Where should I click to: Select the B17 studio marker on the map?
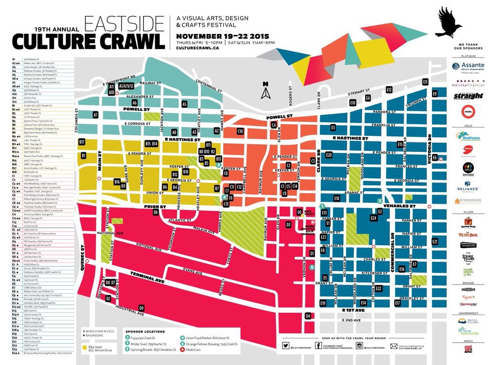tap(82, 142)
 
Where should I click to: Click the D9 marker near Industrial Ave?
tap(141, 308)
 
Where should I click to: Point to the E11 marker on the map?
tap(425, 82)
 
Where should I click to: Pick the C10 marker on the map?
tap(240, 131)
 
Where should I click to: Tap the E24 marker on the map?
tap(374, 218)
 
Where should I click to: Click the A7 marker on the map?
tap(96, 115)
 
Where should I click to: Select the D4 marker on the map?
tap(308, 316)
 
